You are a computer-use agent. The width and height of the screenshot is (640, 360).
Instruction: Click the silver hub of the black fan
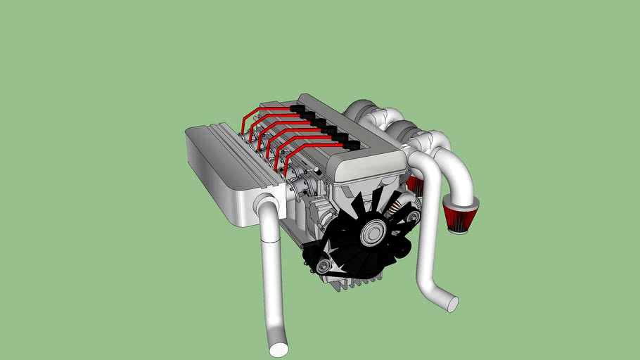[x=373, y=233]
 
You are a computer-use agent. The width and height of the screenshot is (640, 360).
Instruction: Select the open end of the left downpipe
[x=279, y=349]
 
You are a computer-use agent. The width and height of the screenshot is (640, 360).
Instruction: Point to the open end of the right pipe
[x=452, y=304]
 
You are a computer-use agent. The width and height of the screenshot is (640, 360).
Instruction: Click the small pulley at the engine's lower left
[x=323, y=266]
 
